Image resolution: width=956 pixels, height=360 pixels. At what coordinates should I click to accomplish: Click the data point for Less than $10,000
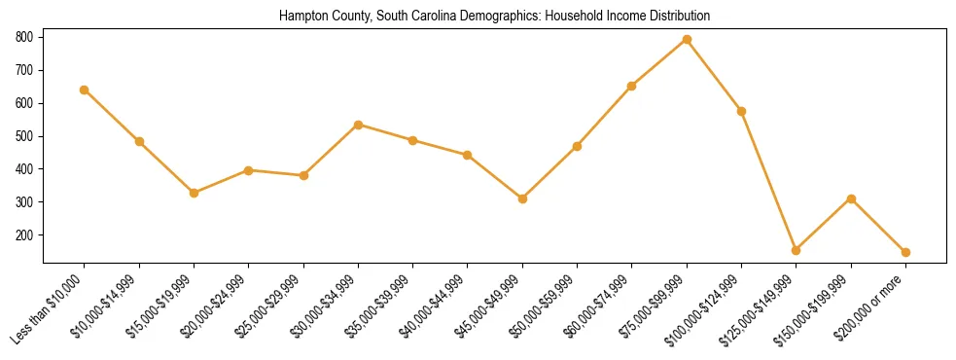[85, 90]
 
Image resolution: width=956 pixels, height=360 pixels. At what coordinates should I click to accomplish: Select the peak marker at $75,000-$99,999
[687, 39]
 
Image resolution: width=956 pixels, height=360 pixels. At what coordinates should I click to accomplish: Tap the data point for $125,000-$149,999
[797, 250]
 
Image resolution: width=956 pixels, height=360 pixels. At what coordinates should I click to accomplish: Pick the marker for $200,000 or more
[905, 252]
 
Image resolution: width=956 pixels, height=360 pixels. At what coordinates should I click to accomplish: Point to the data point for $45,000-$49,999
[522, 198]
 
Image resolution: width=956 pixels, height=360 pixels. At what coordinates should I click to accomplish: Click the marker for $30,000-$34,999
[358, 125]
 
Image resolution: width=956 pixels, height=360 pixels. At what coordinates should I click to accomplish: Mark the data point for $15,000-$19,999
[195, 193]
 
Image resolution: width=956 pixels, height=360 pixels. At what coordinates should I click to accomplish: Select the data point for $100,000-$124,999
[741, 111]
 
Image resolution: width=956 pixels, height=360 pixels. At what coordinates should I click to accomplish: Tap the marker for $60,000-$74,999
[632, 86]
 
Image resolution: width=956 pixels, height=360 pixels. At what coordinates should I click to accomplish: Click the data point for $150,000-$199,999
[851, 198]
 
